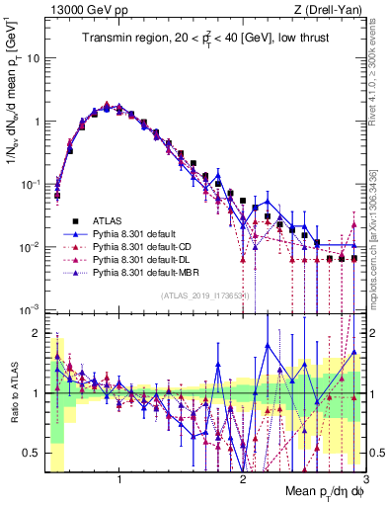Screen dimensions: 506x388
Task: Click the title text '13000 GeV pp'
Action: coord(83,9)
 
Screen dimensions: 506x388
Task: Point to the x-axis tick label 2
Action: coord(243,479)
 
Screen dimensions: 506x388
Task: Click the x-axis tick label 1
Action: coord(119,479)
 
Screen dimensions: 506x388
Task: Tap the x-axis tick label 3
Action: coord(365,479)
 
